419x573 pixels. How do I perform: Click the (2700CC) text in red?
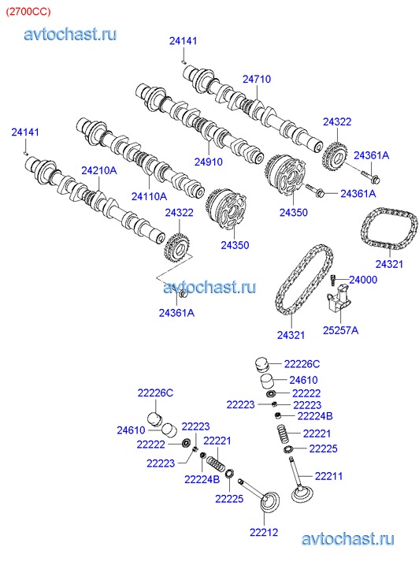click(x=28, y=12)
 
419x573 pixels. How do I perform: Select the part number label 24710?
click(x=257, y=79)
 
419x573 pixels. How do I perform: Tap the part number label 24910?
click(x=208, y=162)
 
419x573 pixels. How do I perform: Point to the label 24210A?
click(x=99, y=170)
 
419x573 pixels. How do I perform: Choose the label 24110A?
click(x=149, y=196)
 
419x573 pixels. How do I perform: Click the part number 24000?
click(x=363, y=280)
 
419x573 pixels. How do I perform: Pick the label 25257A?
click(x=340, y=330)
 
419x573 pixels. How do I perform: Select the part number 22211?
click(x=328, y=476)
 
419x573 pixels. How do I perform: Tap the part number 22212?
click(x=264, y=532)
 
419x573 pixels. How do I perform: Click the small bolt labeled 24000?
click(x=333, y=281)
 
